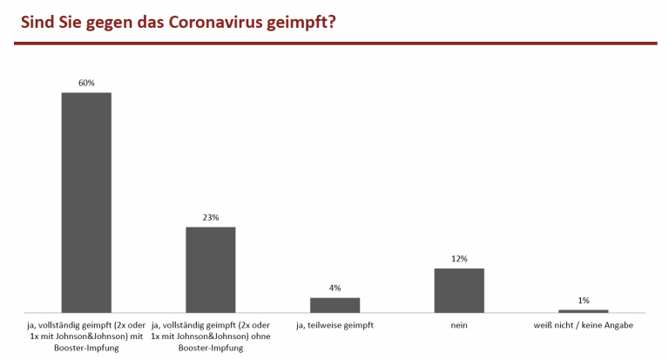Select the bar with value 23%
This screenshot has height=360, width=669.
[x=210, y=269]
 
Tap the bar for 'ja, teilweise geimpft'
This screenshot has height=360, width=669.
[x=334, y=304]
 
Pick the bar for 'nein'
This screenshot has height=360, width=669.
[x=459, y=289]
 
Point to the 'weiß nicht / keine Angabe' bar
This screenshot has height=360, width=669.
[x=583, y=310]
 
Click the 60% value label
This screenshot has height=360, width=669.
[x=86, y=83]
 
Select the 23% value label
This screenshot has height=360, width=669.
[x=210, y=217]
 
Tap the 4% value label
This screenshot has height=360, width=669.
[x=334, y=288]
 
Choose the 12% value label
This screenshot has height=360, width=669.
[x=459, y=259]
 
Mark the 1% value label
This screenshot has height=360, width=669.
[x=583, y=300]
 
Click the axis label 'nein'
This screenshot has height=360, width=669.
[x=459, y=325]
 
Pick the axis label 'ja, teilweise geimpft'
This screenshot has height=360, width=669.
[x=334, y=325]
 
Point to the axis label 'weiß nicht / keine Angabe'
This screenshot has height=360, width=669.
[x=583, y=325]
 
